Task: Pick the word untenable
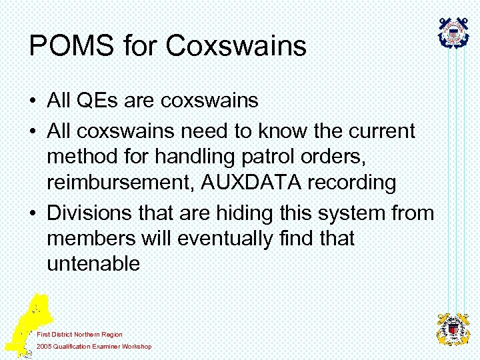[93, 264]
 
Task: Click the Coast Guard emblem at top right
[453, 32]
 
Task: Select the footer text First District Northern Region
[80, 334]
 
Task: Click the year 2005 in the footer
[44, 347]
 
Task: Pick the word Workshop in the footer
[137, 347]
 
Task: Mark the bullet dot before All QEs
[33, 101]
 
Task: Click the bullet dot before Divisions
[33, 214]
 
